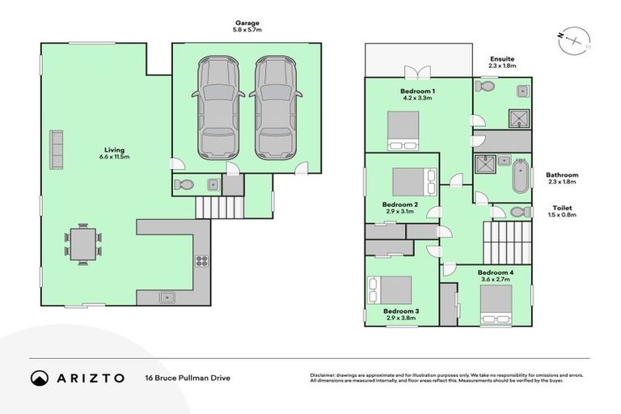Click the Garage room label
[247, 27]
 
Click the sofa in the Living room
[57, 147]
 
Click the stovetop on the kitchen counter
[201, 260]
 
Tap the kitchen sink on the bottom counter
[168, 297]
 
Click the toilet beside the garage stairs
[184, 185]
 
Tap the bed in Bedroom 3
[391, 290]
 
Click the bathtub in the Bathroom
[519, 175]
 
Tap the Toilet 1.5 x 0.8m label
[561, 212]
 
